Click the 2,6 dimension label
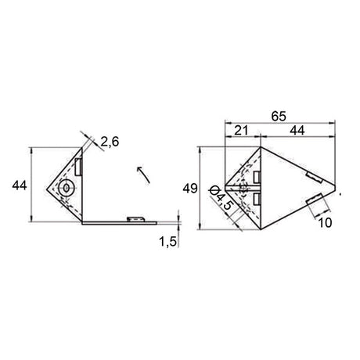(x=110, y=142)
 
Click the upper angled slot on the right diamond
(x=311, y=174)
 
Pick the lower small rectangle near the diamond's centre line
(x=257, y=202)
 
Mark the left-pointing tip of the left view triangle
(x=47, y=187)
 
